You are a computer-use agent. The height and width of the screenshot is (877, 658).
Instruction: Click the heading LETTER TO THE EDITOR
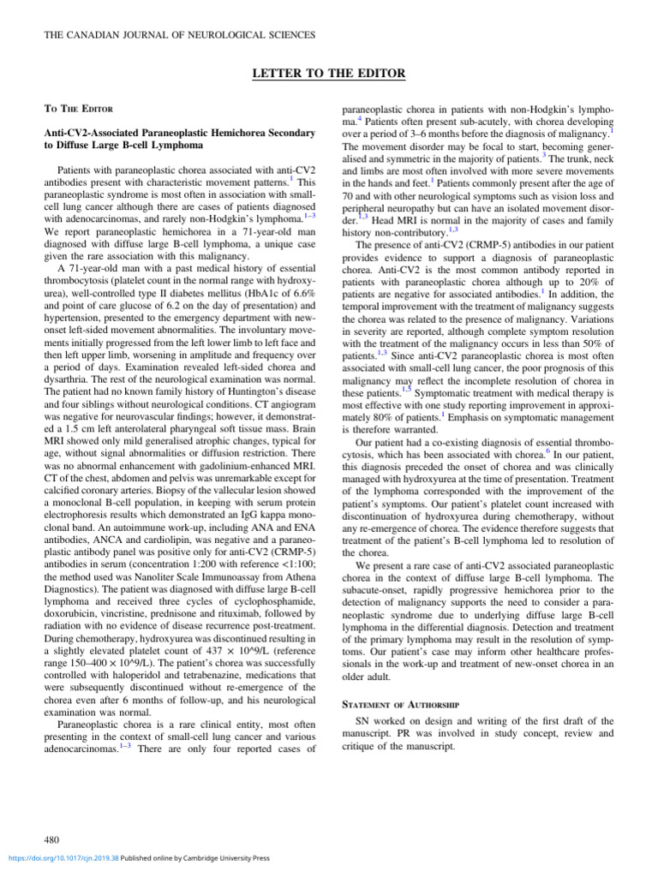click(x=329, y=74)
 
